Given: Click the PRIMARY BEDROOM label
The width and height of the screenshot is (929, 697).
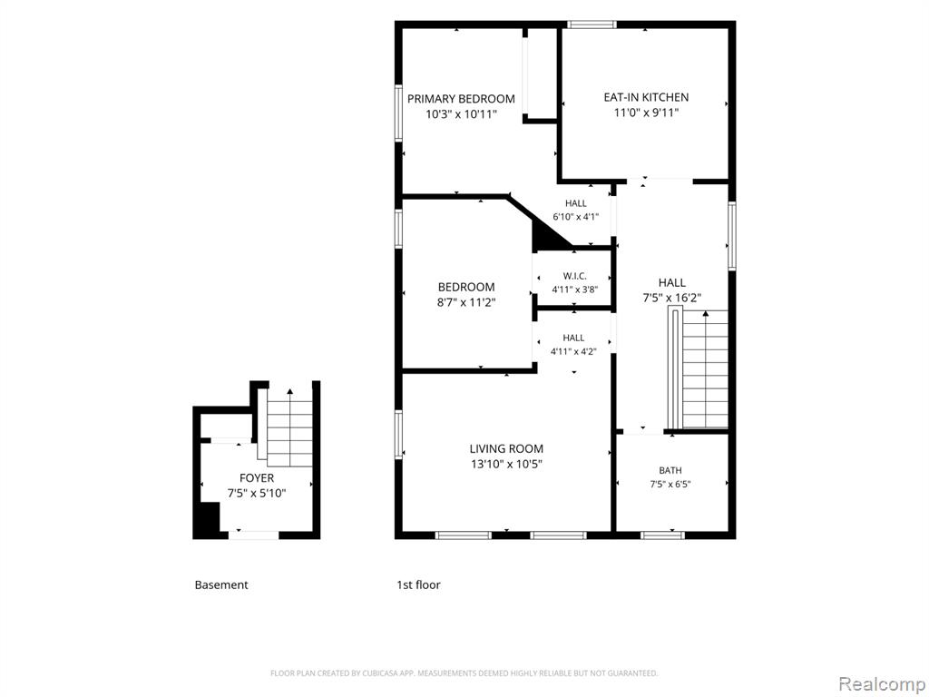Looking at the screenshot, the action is [x=461, y=99].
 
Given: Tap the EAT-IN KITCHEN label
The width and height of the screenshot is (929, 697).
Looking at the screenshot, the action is [x=646, y=97].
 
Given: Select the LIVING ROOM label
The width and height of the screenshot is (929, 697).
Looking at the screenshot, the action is [x=506, y=448].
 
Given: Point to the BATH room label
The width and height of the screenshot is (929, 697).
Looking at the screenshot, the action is [x=670, y=470].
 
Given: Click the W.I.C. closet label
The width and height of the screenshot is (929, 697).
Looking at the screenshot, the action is [x=574, y=276].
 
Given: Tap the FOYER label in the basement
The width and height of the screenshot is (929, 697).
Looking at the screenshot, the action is [x=257, y=477].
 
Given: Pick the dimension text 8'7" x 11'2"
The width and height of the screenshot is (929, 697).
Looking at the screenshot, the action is [x=466, y=302].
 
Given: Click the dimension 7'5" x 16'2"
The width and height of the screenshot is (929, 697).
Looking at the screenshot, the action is [x=672, y=298].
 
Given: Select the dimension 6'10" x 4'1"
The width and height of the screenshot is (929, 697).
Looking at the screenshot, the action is [x=575, y=217].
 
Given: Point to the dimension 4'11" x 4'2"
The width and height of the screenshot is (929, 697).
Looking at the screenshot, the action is [x=573, y=351].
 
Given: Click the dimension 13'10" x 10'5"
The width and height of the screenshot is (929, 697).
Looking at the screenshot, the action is [x=506, y=464].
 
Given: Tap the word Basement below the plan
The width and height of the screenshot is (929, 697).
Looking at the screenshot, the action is [x=221, y=585].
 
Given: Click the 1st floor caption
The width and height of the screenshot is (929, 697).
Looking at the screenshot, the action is [x=418, y=585].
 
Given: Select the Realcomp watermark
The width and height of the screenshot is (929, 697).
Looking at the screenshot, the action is [x=882, y=683].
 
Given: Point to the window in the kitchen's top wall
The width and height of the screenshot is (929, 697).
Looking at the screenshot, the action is [x=592, y=25].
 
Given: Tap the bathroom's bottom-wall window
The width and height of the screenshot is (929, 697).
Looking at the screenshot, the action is [x=662, y=535].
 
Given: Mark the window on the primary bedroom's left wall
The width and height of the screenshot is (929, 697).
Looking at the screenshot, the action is [x=399, y=113].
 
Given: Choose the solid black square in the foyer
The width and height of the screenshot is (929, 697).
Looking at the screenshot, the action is [x=210, y=516].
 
